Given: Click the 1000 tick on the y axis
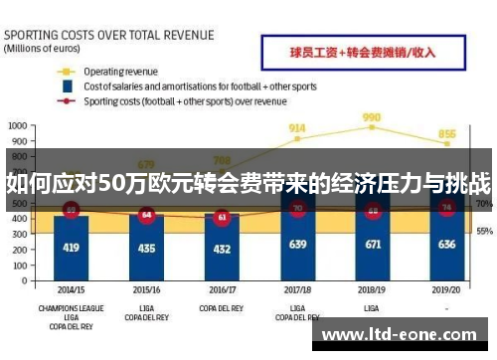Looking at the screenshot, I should [x=17, y=127].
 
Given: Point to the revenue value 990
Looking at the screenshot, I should [x=372, y=117].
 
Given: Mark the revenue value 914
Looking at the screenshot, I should [x=296, y=128].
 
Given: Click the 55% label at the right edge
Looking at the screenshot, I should [x=484, y=231].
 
